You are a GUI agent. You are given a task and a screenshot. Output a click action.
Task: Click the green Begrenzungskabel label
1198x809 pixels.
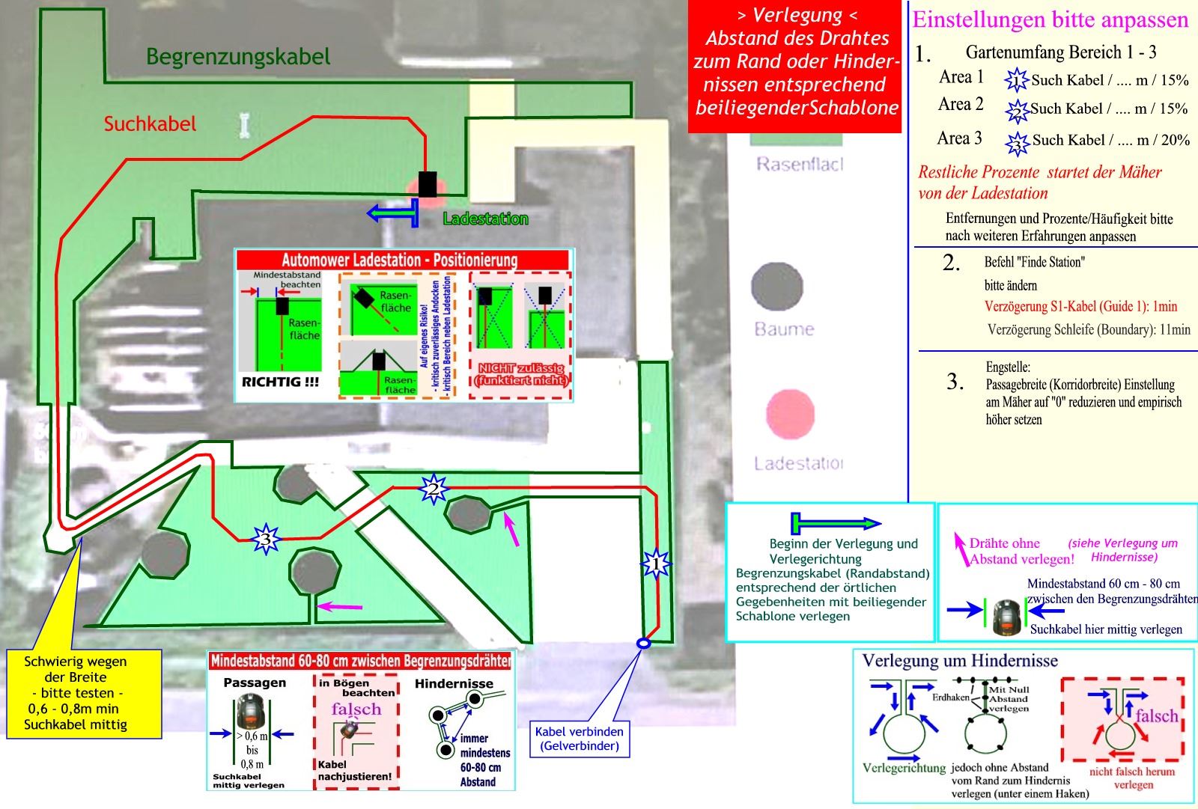click(x=237, y=57)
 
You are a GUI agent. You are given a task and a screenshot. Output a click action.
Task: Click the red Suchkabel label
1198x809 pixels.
click(x=150, y=123)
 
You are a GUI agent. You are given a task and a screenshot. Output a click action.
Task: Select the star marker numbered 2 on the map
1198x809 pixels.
click(x=434, y=489)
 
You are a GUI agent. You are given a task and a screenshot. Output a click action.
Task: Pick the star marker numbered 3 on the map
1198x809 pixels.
click(x=264, y=538)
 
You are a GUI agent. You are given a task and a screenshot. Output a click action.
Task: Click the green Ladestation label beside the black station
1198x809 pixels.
click(x=485, y=219)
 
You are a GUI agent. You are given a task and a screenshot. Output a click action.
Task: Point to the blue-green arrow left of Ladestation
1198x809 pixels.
click(x=392, y=213)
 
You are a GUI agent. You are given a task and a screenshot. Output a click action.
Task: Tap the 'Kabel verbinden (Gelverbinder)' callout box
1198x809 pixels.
click(x=579, y=739)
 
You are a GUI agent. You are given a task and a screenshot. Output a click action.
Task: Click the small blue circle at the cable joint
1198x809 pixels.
click(x=642, y=643)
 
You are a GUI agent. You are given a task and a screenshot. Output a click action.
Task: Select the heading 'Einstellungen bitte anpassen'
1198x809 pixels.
click(x=1050, y=19)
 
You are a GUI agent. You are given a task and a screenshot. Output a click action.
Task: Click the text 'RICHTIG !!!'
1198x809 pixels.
click(x=280, y=382)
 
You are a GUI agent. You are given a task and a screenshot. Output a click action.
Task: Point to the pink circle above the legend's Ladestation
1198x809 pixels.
click(x=790, y=415)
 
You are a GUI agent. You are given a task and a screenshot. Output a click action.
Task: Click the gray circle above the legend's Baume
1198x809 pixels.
click(x=776, y=287)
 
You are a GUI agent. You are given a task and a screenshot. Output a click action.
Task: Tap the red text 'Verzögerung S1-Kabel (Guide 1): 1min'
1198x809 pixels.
click(x=1080, y=306)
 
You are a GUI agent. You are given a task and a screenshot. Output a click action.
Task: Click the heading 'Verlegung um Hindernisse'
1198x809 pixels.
click(x=960, y=661)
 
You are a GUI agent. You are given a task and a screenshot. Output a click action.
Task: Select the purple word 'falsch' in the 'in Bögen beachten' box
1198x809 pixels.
click(x=356, y=709)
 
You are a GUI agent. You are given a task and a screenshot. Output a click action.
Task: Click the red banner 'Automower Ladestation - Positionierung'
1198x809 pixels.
click(x=400, y=260)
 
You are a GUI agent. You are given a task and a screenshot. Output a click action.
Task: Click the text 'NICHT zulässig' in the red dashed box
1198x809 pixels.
click(x=520, y=368)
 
